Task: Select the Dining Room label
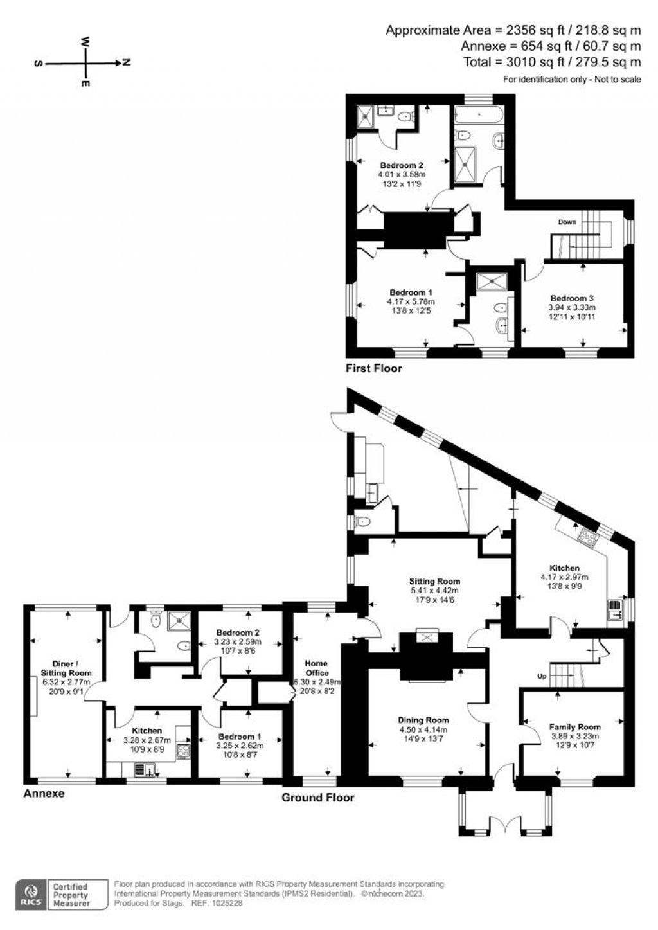pos(423,720)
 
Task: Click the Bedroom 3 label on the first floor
pos(571,298)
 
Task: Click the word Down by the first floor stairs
pos(567,222)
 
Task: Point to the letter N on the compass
pos(127,63)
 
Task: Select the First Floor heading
pos(373,368)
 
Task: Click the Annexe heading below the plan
pos(44,793)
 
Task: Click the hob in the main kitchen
pos(587,535)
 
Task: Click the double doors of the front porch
pos(503,825)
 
